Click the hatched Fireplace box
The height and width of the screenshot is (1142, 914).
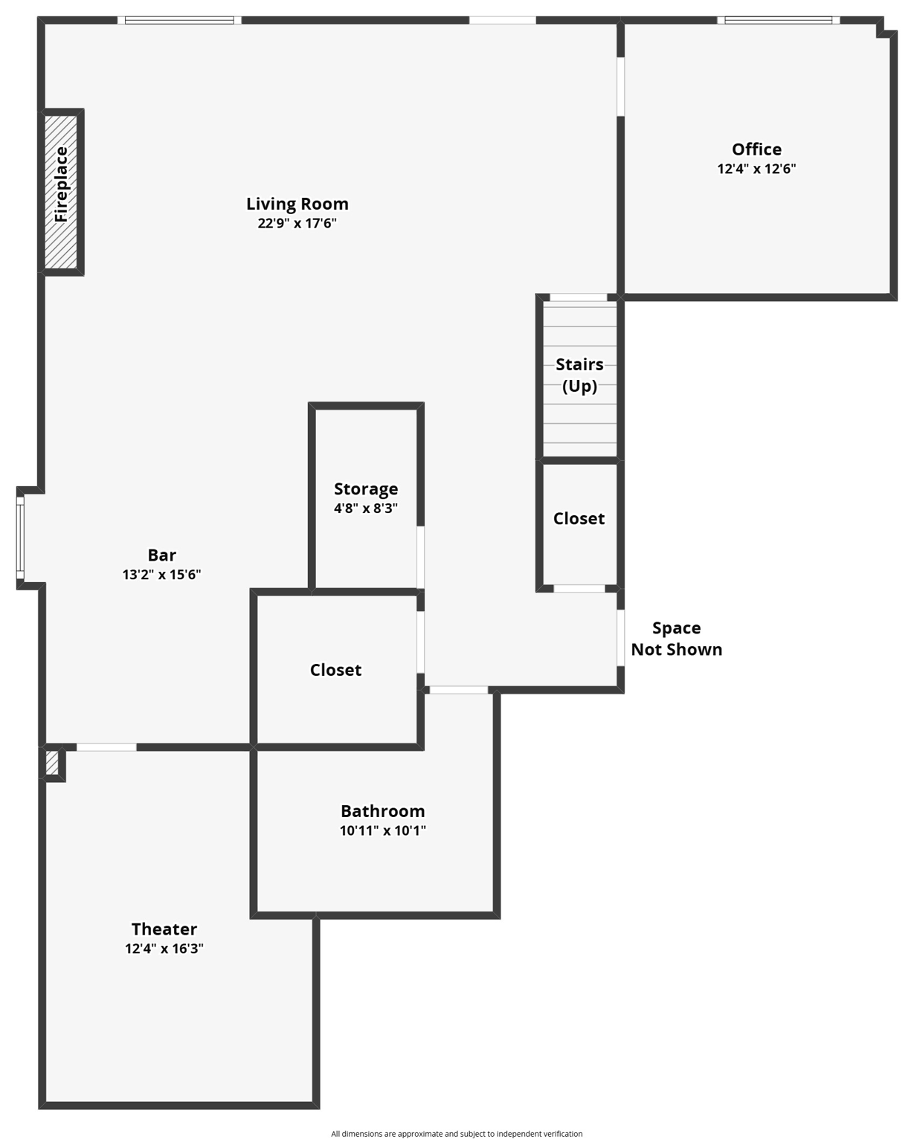tap(61, 192)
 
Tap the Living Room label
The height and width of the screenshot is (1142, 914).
tap(297, 204)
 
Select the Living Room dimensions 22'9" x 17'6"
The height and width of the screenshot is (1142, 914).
tap(297, 223)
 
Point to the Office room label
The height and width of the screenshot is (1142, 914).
tap(756, 149)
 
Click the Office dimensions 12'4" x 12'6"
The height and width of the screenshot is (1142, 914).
tap(756, 169)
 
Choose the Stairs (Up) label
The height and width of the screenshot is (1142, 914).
tap(579, 375)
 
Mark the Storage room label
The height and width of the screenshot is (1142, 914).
tap(365, 489)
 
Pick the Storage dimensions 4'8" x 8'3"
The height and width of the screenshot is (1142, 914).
tap(365, 509)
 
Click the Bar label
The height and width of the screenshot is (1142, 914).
tap(161, 555)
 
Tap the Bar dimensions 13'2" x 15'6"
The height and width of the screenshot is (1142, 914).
tap(161, 575)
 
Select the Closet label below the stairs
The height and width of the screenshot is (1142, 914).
tap(579, 519)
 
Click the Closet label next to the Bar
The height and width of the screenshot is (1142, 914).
tap(335, 670)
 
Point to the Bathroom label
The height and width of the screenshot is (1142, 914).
tap(382, 811)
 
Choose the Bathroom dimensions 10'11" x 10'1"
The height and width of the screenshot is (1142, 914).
tap(382, 830)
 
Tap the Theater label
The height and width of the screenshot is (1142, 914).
tap(164, 929)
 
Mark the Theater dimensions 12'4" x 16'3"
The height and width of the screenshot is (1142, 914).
tap(164, 949)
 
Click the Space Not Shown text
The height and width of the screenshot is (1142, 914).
tap(676, 639)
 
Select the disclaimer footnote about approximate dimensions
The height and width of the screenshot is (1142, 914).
tap(457, 1134)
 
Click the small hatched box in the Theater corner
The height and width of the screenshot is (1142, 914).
tap(52, 764)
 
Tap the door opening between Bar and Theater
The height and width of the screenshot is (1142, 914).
tap(106, 746)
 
